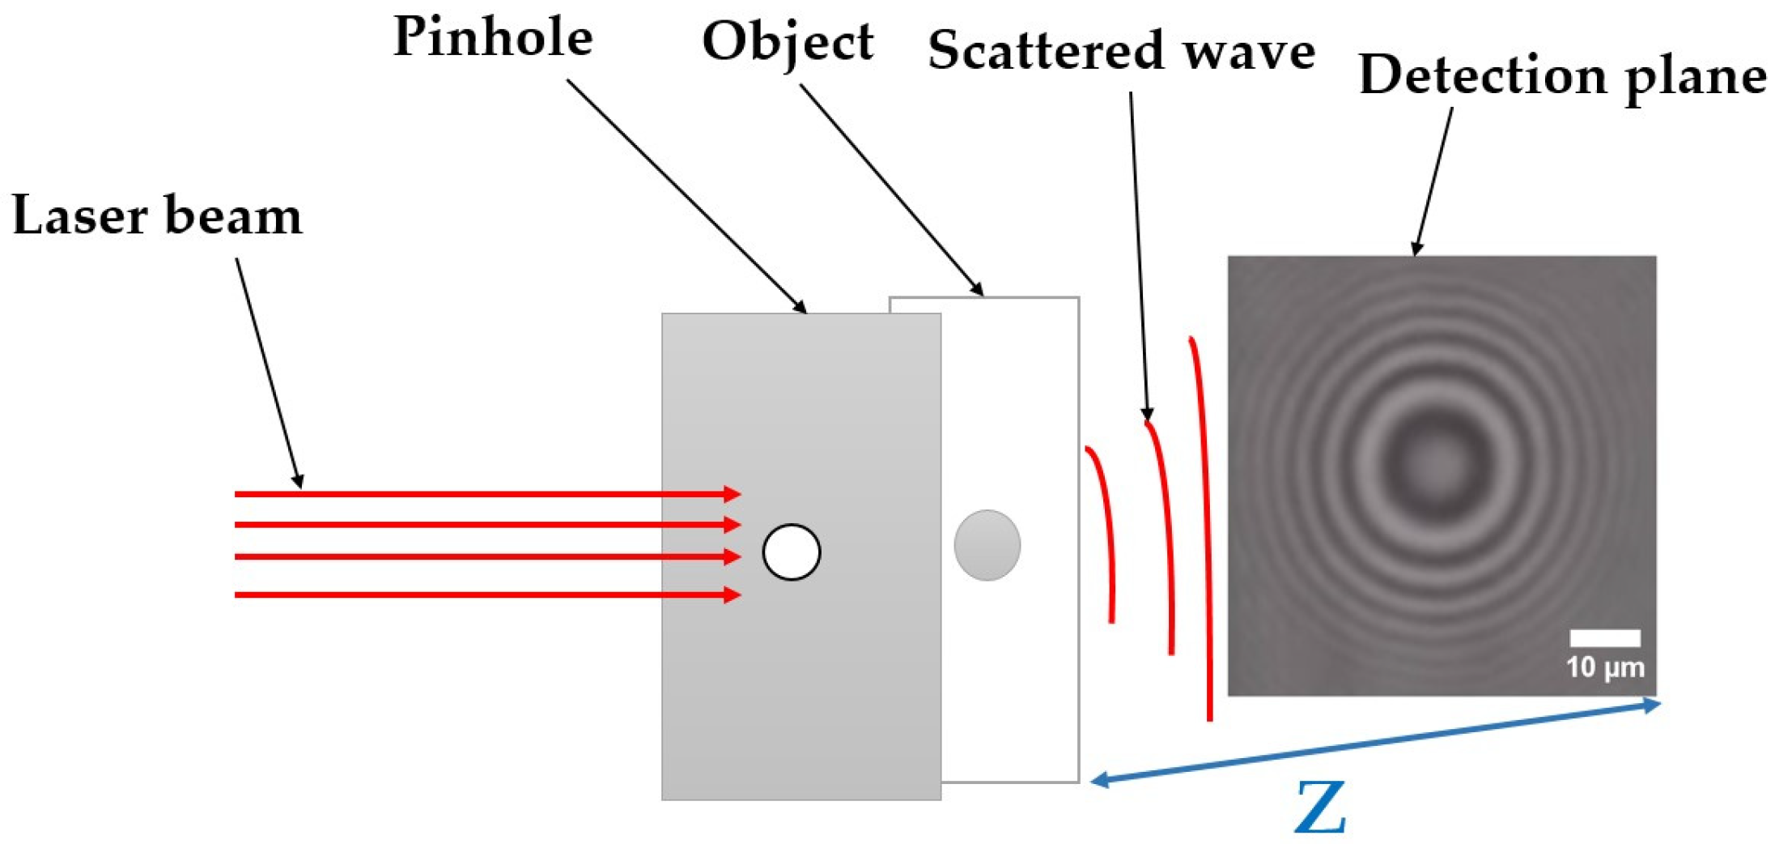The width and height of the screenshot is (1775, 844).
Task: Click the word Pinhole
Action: (x=492, y=37)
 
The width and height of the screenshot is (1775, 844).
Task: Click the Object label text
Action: (x=787, y=42)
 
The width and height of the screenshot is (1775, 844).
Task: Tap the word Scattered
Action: (x=1045, y=51)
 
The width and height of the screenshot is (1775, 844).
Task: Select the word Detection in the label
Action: (x=1482, y=75)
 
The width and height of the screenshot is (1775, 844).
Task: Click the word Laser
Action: (x=79, y=216)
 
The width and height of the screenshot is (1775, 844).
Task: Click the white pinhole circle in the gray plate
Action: (x=791, y=552)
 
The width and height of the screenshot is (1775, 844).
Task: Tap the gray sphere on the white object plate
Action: (x=987, y=545)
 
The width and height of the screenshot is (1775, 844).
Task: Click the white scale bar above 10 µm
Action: (x=1605, y=638)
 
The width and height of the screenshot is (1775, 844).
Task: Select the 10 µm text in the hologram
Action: (x=1605, y=667)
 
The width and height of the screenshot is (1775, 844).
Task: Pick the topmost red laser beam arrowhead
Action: (x=733, y=494)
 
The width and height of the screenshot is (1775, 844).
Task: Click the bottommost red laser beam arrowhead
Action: (x=733, y=595)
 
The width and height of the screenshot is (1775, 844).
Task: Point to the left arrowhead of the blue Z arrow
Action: (x=1099, y=780)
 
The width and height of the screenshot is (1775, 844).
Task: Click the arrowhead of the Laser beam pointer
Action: (x=299, y=482)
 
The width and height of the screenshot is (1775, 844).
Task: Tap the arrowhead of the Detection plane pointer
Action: (x=1416, y=249)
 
